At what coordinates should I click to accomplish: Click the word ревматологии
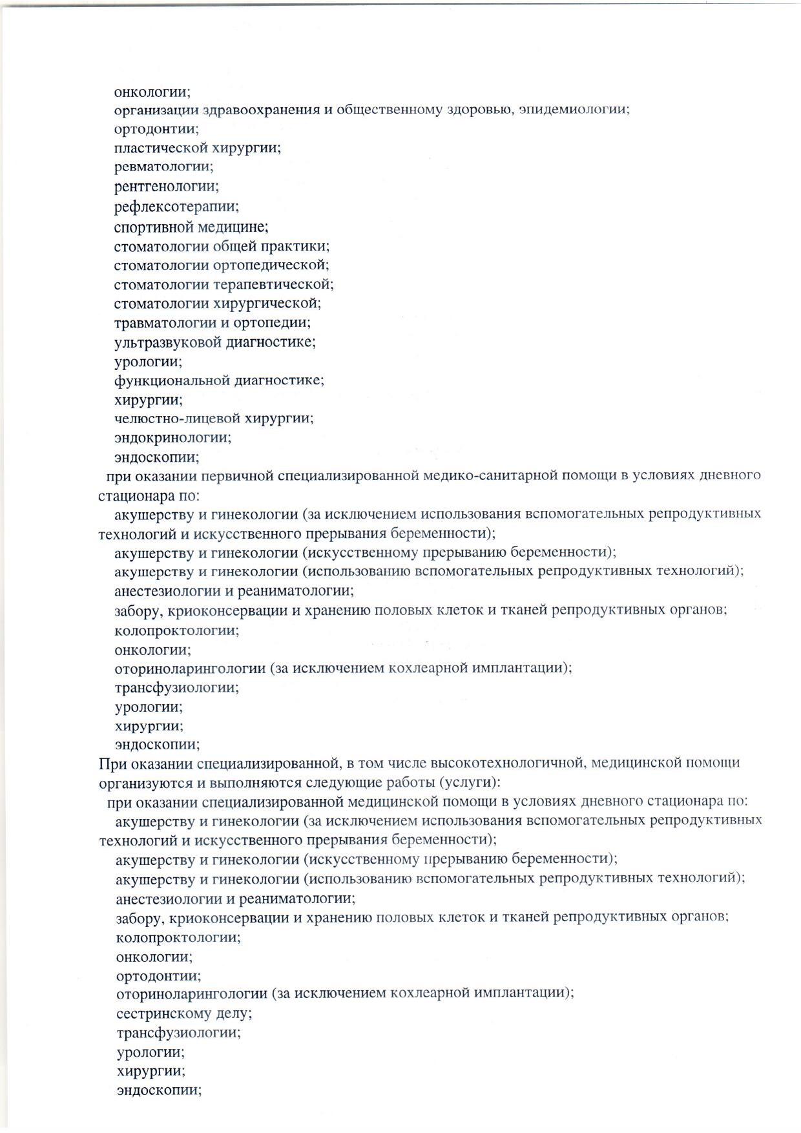click(163, 167)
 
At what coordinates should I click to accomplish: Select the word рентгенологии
click(165, 187)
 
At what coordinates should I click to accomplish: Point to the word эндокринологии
click(172, 438)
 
